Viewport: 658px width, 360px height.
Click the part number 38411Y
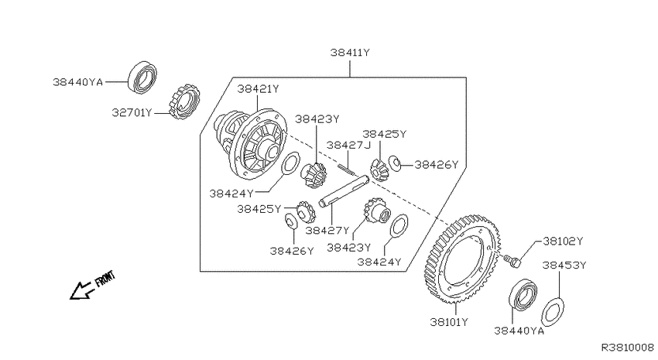[350, 53]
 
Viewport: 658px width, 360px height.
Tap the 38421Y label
[258, 89]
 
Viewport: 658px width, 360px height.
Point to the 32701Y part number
[132, 113]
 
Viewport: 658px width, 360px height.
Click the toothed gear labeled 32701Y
[184, 101]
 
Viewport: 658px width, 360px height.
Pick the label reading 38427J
[348, 145]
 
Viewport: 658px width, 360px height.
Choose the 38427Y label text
[327, 231]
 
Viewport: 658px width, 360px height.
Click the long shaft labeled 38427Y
[344, 191]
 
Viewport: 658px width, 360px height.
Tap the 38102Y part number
[563, 242]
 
